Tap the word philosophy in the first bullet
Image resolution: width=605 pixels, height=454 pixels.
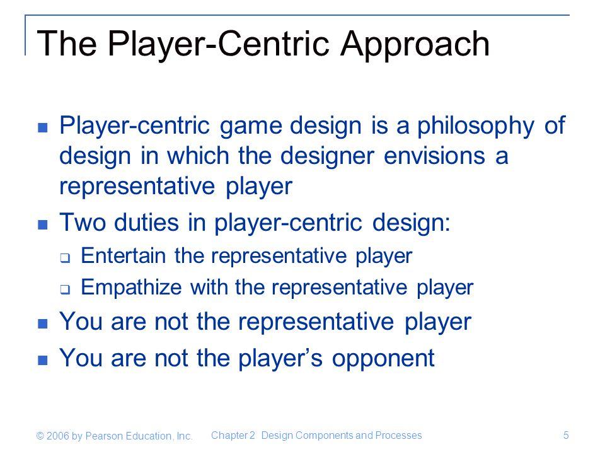(476, 127)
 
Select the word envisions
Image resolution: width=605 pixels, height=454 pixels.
(434, 156)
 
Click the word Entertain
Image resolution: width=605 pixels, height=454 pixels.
(124, 255)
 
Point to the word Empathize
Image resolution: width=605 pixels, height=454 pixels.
(131, 288)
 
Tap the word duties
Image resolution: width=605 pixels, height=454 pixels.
(147, 223)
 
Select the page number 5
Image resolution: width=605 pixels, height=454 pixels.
(566, 436)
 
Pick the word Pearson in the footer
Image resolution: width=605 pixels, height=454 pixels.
(104, 436)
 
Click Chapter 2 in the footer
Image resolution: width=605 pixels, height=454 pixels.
(233, 436)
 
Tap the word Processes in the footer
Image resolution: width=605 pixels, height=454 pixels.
(398, 436)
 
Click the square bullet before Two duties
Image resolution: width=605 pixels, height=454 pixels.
(43, 224)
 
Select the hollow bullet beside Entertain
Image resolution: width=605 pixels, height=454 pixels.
(65, 257)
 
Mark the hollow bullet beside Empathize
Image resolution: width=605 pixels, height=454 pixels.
(65, 289)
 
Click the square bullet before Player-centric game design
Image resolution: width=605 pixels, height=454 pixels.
(43, 127)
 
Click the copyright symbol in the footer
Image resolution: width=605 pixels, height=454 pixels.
(40, 436)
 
